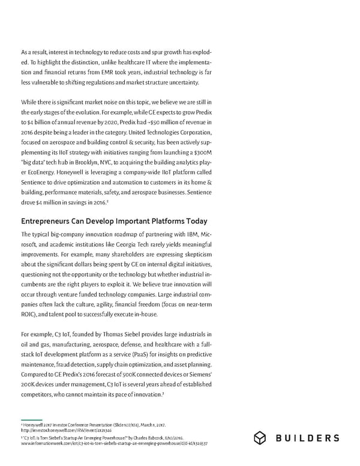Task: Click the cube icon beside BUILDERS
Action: click(x=260, y=438)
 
